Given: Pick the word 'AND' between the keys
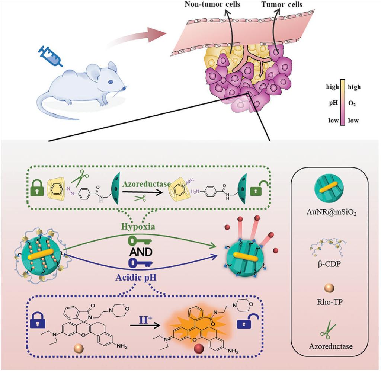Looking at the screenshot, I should [141, 252].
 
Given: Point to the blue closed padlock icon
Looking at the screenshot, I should [36, 323].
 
